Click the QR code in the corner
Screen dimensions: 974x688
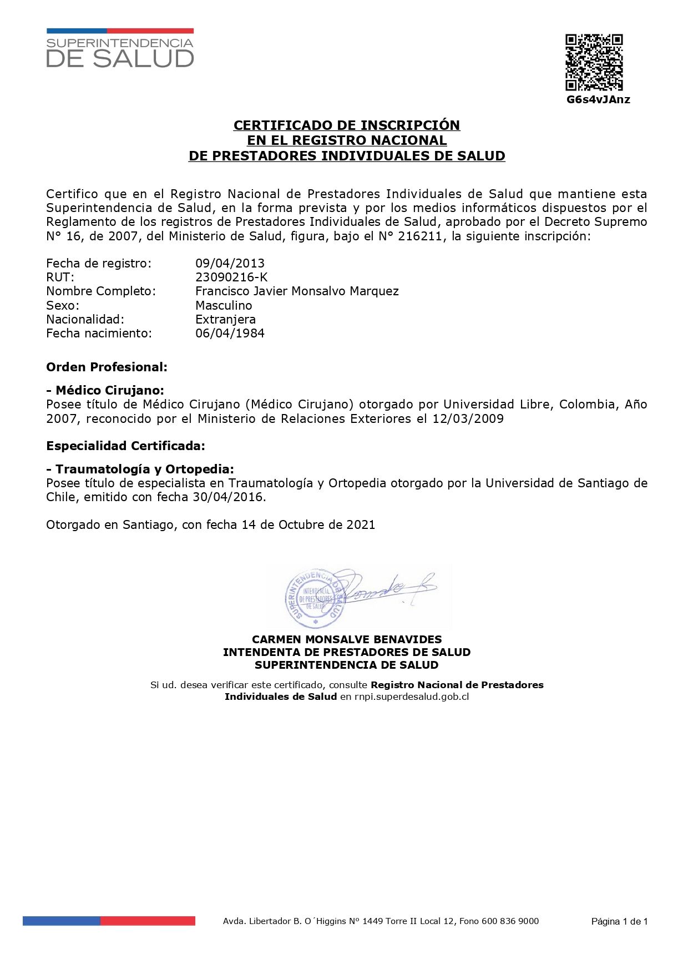click(594, 62)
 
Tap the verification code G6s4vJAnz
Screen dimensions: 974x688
click(598, 100)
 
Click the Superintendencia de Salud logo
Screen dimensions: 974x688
click(120, 49)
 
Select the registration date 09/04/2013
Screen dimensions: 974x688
click(230, 263)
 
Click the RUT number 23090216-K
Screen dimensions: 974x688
click(231, 277)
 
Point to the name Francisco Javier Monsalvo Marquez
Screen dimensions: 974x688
click(297, 291)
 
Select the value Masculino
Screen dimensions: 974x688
click(224, 305)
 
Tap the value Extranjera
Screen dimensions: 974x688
click(225, 319)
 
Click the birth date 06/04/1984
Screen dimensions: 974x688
click(230, 333)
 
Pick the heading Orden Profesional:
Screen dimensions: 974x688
click(107, 367)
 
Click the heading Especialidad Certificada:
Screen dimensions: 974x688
click(125, 446)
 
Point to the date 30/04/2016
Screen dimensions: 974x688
click(228, 497)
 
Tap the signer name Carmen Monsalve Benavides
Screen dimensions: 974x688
click(347, 639)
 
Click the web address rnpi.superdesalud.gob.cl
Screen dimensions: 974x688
click(412, 697)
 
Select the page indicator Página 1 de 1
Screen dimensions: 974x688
click(619, 921)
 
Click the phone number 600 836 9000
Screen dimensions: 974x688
click(510, 921)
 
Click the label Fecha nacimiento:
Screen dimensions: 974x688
click(99, 333)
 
